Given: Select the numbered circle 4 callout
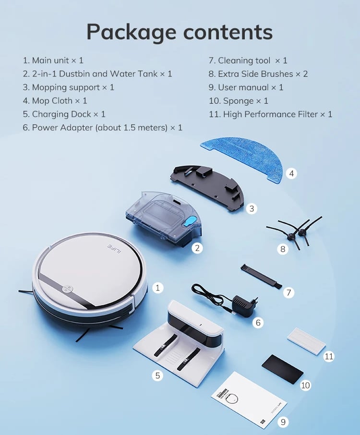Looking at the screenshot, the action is pyautogui.click(x=291, y=174).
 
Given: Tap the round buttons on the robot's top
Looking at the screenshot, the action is pyautogui.click(x=67, y=289).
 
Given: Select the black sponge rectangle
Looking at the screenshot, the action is pyautogui.click(x=282, y=369).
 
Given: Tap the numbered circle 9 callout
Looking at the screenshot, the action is pyautogui.click(x=283, y=422).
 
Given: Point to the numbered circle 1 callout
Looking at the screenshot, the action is pyautogui.click(x=157, y=288).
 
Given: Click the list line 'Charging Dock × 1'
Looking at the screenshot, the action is pyautogui.click(x=64, y=114).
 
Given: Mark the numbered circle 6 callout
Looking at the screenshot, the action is pyautogui.click(x=258, y=322).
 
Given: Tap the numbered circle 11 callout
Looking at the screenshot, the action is pyautogui.click(x=329, y=356).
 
